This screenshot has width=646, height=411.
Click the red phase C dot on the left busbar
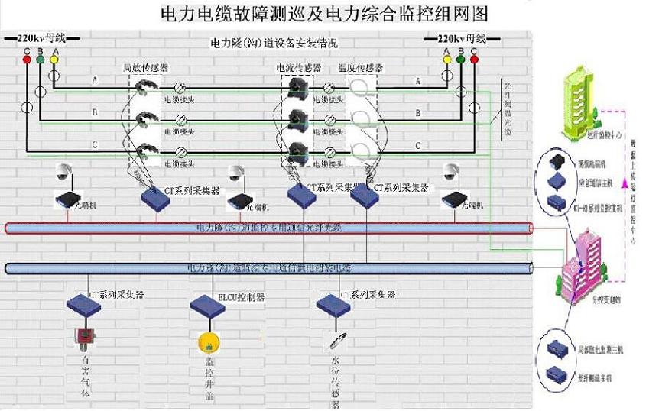point(27,59)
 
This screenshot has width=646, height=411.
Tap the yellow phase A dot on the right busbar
point(447,59)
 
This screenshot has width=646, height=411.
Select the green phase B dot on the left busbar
point(41,59)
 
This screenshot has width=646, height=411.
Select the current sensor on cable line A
point(296,89)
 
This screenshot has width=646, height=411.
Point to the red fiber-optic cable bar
point(268,228)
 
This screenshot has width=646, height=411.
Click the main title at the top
point(324,14)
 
